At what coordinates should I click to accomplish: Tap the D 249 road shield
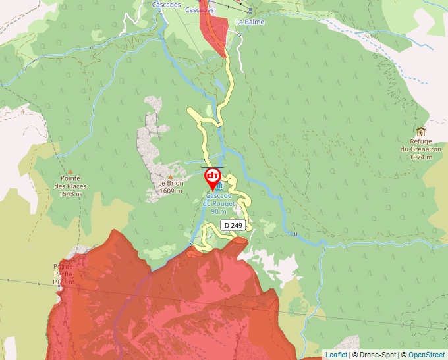[x=233, y=225]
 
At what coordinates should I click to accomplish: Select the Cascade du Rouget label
[x=219, y=200]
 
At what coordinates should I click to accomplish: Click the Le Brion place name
[x=169, y=183]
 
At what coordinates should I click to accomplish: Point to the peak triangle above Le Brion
[x=170, y=176]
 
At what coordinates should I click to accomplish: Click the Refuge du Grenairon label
[x=420, y=145]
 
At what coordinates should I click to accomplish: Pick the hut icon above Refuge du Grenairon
[x=421, y=131]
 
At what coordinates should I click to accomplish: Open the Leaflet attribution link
[x=336, y=355]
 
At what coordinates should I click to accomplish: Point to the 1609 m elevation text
[x=170, y=191]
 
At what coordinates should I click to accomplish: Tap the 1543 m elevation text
[x=70, y=193]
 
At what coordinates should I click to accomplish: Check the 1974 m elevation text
[x=420, y=157]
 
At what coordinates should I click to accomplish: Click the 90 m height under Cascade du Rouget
[x=219, y=211]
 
